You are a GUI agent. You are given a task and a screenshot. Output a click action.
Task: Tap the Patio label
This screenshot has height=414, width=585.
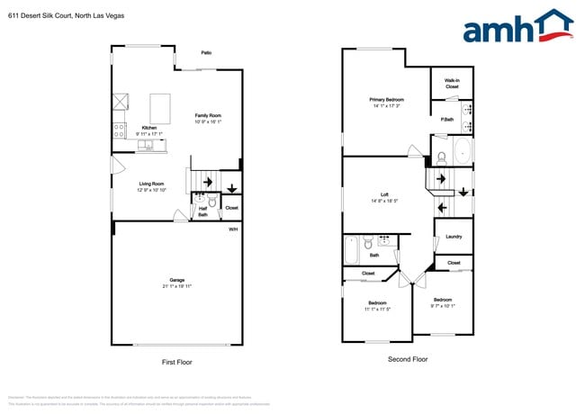[x=206, y=53]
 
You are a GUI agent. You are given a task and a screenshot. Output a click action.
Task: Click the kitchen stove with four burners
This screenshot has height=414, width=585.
[x=118, y=129]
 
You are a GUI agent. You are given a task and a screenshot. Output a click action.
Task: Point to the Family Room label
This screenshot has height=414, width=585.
[x=208, y=115]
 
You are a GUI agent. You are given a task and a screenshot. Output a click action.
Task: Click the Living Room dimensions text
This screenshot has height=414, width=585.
[x=152, y=190]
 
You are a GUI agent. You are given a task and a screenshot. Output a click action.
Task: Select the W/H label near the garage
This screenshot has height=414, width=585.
[x=232, y=229]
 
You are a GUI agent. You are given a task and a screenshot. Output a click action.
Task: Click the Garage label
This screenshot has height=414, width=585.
[x=177, y=280]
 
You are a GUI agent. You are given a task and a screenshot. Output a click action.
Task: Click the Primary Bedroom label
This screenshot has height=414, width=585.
[x=386, y=99]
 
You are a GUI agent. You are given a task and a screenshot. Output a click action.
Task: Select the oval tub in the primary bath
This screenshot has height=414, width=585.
[x=463, y=151]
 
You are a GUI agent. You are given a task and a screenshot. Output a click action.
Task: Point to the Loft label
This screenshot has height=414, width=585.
[x=384, y=194]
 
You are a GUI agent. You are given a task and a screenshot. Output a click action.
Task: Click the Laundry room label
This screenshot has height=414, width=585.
[x=454, y=237]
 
